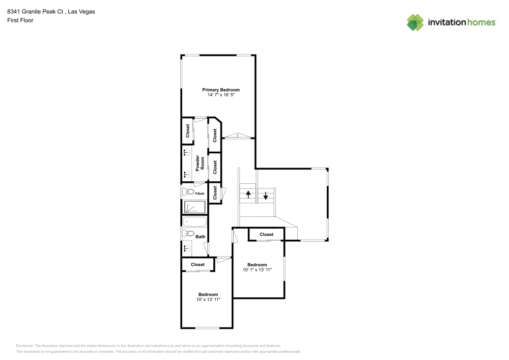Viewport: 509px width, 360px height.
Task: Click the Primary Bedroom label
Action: [220, 90]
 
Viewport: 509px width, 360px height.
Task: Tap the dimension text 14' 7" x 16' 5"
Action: [220, 95]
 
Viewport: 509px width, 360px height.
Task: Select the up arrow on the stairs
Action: [248, 194]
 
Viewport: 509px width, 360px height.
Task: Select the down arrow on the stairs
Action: [265, 195]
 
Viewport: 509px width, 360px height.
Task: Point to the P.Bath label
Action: [200, 192]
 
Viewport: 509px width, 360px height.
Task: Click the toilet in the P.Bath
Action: [187, 192]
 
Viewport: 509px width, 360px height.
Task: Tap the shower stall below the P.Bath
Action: [194, 207]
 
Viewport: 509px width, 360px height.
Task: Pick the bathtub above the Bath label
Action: [194, 221]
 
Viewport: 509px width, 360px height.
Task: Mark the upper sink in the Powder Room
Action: [187, 153]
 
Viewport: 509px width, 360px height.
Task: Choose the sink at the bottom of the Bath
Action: [187, 249]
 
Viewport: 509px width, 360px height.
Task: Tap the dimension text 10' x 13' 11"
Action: [208, 299]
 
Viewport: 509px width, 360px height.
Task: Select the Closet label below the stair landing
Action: [266, 234]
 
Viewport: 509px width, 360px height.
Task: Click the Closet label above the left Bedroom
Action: [197, 264]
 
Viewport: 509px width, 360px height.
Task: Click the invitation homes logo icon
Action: [415, 22]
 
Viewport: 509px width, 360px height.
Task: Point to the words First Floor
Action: [20, 20]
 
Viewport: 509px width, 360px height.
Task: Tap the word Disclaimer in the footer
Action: [24, 345]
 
